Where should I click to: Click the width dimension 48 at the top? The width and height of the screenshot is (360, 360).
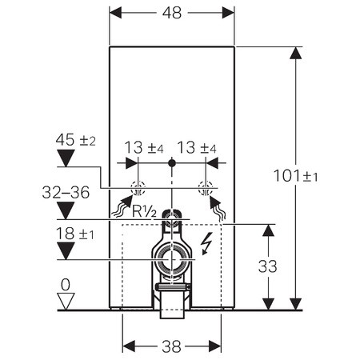(172, 13)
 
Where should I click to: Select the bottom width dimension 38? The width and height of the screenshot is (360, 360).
(171, 346)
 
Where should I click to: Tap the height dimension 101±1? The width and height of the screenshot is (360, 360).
(296, 176)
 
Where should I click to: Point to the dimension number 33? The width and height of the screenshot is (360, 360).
(267, 266)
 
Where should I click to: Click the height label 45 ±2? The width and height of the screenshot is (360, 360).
(75, 140)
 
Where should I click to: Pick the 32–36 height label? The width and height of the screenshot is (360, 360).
(66, 192)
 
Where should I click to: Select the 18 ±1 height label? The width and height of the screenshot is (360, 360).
(75, 234)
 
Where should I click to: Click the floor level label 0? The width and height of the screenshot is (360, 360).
(66, 285)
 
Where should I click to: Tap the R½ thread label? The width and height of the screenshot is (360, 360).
(144, 212)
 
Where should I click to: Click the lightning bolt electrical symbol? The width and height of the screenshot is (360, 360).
(207, 243)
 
